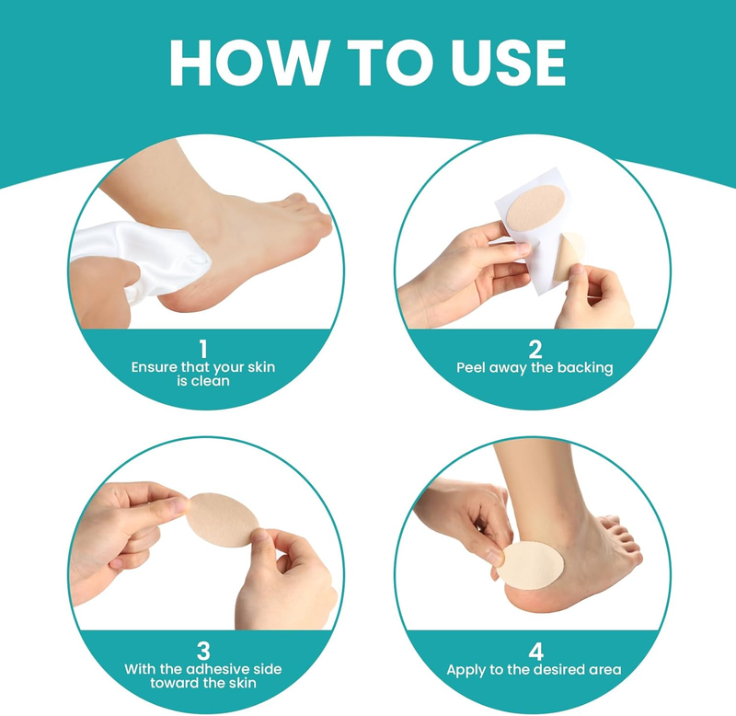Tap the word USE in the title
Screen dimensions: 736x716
coord(508,63)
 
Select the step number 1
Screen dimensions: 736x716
coord(202,350)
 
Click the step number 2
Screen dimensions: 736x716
coord(535,350)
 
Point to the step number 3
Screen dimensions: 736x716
coord(203,652)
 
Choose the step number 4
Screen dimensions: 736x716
coord(535,652)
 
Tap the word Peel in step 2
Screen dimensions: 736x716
coord(471,367)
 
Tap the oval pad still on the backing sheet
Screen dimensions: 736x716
coord(535,207)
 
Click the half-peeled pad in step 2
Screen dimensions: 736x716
coord(568,256)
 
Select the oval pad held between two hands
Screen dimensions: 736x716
coord(222,520)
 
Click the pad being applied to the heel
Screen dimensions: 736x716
coord(530,565)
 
